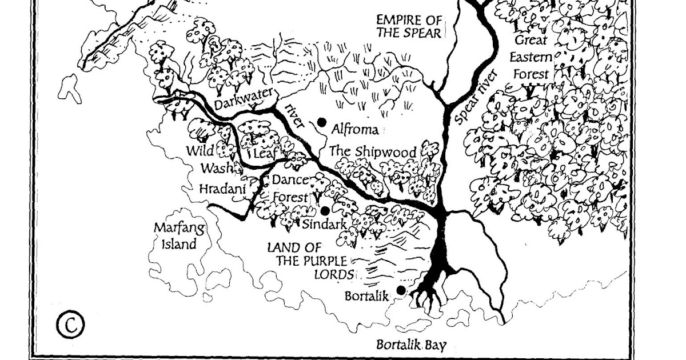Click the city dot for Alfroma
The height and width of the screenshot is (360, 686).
coord(322,122)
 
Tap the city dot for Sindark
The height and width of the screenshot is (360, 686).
coord(325,211)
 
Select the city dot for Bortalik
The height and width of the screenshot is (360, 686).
coord(401,290)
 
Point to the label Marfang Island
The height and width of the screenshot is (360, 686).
coord(176,236)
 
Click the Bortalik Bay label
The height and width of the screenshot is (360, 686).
coord(411,345)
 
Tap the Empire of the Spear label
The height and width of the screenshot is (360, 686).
coord(409,26)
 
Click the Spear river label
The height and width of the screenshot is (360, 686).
coord(473,97)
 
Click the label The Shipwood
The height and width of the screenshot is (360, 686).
coord(373,152)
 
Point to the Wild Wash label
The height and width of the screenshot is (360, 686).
coord(210,159)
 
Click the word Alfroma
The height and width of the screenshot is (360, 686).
coord(355,130)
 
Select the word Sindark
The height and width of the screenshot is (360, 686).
coord(325,224)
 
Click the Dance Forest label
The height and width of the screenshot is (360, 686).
coord(290,188)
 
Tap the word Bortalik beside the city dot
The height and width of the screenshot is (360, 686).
coord(367,297)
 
